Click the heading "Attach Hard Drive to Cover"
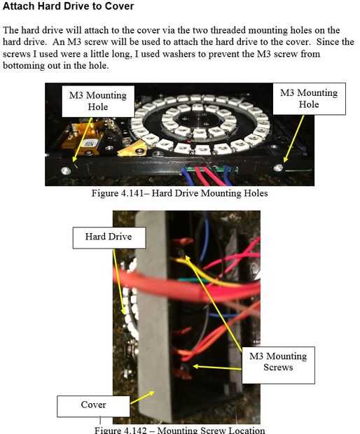[68, 6]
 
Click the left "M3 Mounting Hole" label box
[98, 101]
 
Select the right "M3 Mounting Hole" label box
[309, 99]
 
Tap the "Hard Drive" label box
[109, 237]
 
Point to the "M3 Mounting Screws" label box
[278, 365]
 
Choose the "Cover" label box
[93, 406]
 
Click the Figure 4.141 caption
[180, 193]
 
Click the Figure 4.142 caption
[180, 430]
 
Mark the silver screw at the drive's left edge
[66, 171]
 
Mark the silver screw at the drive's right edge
[278, 168]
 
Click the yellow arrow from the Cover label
[142, 397]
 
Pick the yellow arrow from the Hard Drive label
[119, 281]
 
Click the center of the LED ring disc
[200, 122]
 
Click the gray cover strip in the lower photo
[153, 318]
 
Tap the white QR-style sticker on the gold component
[89, 143]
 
